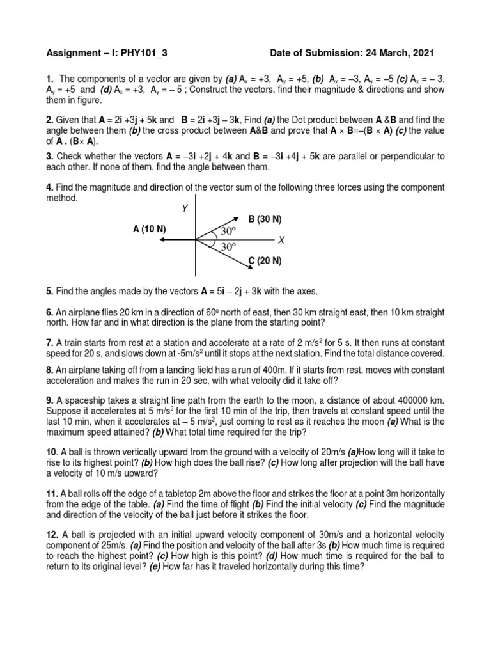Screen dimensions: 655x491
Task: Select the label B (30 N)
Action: pyautogui.click(x=265, y=219)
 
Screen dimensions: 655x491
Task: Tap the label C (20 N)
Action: pyautogui.click(x=265, y=261)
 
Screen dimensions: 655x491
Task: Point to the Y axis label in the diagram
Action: pyautogui.click(x=185, y=208)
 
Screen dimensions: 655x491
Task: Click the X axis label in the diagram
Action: pyautogui.click(x=281, y=240)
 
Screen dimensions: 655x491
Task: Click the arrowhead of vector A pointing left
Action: pyautogui.click(x=163, y=240)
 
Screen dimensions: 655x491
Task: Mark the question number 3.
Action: pyautogui.click(x=49, y=155)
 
